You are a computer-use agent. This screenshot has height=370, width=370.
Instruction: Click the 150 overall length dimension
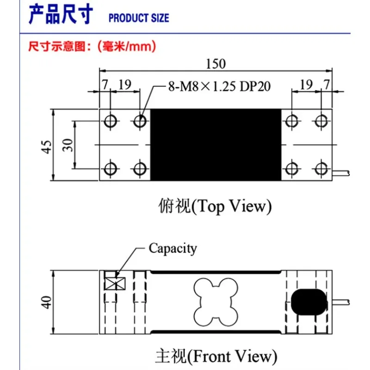(216, 63)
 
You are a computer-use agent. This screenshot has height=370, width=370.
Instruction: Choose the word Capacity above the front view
(173, 248)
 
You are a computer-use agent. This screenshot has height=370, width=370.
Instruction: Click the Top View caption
(213, 206)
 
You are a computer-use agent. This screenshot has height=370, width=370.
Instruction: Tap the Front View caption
(215, 356)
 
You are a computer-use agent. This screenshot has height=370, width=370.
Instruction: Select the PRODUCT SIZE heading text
(139, 18)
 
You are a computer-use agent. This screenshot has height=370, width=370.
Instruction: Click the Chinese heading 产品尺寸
(61, 15)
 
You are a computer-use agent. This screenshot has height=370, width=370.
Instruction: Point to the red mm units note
(92, 46)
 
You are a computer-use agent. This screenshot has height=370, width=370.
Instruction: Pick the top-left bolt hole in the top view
(111, 121)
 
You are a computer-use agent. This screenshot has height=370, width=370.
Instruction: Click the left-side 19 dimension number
(125, 84)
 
